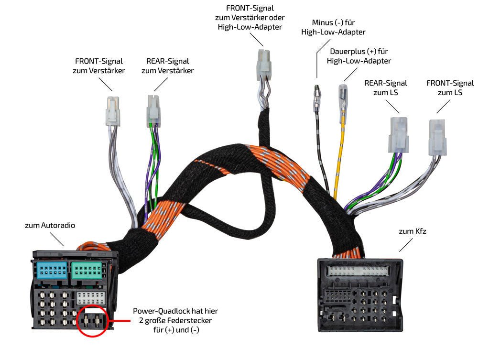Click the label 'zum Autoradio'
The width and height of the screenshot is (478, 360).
50,225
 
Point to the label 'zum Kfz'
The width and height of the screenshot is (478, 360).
413,231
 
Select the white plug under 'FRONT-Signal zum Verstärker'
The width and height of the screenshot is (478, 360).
112,111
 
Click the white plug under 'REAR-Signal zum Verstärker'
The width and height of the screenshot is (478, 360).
153,108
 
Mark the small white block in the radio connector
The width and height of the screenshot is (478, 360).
91,299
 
